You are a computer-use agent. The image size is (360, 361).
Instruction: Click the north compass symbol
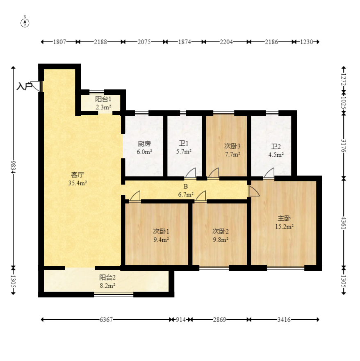point(25,23)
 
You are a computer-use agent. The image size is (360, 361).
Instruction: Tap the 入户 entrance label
point(25,86)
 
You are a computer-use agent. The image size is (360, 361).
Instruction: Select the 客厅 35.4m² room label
point(77,179)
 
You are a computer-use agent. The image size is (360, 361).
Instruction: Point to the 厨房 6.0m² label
point(144,148)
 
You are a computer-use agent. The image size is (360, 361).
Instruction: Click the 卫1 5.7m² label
point(184,147)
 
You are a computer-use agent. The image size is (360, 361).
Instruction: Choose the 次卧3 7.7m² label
point(232,150)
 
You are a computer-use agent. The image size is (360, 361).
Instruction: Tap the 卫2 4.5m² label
point(276,150)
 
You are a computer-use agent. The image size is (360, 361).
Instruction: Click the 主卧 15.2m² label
point(284,222)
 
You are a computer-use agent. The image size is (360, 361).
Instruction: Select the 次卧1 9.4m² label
point(161,235)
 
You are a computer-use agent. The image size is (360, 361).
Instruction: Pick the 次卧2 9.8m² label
point(221,235)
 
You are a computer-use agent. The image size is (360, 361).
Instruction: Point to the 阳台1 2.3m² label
point(103,103)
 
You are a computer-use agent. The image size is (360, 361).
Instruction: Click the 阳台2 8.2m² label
point(107,281)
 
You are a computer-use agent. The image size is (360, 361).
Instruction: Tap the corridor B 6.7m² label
point(185,191)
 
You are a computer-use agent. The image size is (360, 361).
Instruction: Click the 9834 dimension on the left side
point(14,167)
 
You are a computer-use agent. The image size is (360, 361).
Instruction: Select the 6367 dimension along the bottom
point(106,320)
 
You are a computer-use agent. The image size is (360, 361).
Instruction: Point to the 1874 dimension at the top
point(185,42)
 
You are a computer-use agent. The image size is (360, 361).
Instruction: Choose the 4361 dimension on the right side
point(344,223)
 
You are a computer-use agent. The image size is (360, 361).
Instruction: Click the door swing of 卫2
point(269,173)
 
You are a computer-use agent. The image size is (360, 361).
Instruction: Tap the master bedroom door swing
point(254,191)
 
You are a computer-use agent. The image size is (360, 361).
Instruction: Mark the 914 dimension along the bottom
point(181,320)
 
